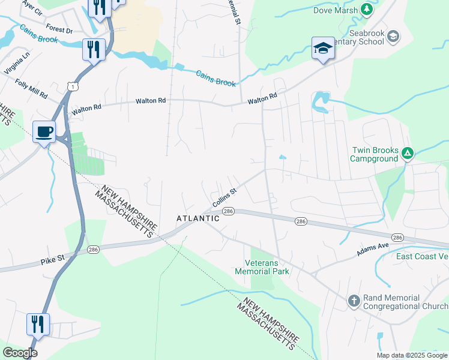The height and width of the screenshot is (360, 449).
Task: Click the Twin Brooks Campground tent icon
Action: (408, 154)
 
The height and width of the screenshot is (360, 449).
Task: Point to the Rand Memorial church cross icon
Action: (354, 299)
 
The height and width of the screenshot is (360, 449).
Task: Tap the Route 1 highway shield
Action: (71, 87)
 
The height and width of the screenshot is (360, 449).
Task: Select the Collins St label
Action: (225, 196)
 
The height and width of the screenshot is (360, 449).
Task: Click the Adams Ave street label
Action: (373, 250)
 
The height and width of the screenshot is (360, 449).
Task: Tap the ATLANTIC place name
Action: (198, 218)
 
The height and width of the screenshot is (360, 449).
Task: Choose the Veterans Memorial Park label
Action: (267, 267)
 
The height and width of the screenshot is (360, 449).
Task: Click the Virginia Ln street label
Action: (16, 63)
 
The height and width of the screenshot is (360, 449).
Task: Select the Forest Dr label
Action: (58, 30)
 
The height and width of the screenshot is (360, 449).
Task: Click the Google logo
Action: (20, 353)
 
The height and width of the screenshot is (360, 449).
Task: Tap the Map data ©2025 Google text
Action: (411, 355)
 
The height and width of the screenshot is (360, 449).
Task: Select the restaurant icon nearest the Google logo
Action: (38, 325)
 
